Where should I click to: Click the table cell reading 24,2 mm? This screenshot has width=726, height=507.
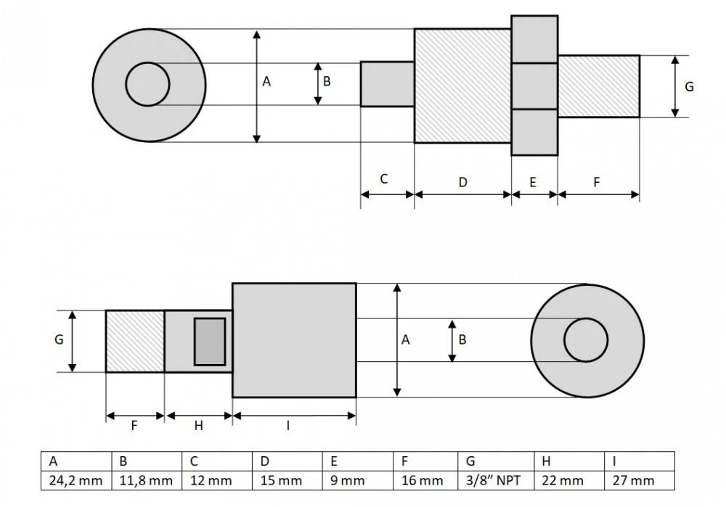coord(76,480)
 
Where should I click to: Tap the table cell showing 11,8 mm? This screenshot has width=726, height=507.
coord(146,480)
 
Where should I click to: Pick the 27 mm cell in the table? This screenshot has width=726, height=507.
coord(638,480)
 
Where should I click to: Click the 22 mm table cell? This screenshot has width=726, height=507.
coord(568,480)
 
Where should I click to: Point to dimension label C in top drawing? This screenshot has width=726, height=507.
coord(384,178)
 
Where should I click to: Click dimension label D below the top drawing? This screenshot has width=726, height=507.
coord(462,182)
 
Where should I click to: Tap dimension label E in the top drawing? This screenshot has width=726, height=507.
coord(533,182)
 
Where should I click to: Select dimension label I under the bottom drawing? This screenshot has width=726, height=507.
coord(287,426)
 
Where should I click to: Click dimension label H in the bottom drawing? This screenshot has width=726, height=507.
coord(198,426)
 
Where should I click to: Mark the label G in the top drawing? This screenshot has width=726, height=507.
coord(689,86)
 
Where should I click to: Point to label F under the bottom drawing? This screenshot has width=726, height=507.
coord(134,426)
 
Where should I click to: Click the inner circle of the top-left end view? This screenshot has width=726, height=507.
coord(147,84)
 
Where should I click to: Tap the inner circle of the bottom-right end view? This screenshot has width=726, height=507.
coord(586,340)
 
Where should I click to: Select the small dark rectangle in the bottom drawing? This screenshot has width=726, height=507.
coord(209,341)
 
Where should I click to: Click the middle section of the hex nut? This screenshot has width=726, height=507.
coord(534,86)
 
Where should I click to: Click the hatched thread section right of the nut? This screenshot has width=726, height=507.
coord(598,86)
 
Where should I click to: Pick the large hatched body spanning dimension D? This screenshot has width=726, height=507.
coord(462,86)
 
